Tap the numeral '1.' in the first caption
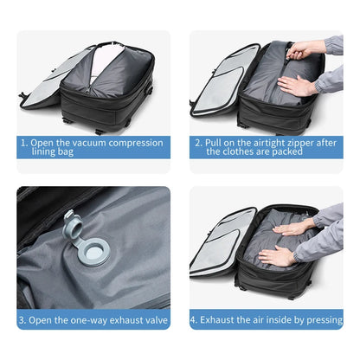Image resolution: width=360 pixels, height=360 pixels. pyautogui.click(x=24, y=141)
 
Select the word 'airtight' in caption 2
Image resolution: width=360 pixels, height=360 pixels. pyautogui.click(x=262, y=141)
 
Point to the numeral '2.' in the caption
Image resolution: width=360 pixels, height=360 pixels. pyautogui.click(x=197, y=141)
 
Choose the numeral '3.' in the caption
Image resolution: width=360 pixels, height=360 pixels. pyautogui.click(x=23, y=319)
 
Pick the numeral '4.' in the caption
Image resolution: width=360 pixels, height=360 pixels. pyautogui.click(x=194, y=319)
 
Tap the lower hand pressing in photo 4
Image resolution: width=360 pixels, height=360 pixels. pyautogui.click(x=279, y=256)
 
